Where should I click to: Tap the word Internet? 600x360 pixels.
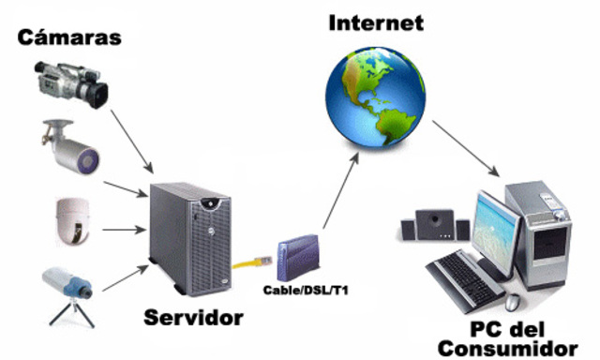click(375, 22)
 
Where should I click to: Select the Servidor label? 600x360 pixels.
click(193, 318)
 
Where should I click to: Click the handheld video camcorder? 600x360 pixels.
click(69, 82)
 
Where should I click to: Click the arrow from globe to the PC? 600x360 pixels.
click(467, 148)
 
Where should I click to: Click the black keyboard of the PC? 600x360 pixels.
click(465, 273)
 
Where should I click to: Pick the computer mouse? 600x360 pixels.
click(513, 303)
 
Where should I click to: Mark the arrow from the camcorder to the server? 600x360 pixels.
click(131, 139)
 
